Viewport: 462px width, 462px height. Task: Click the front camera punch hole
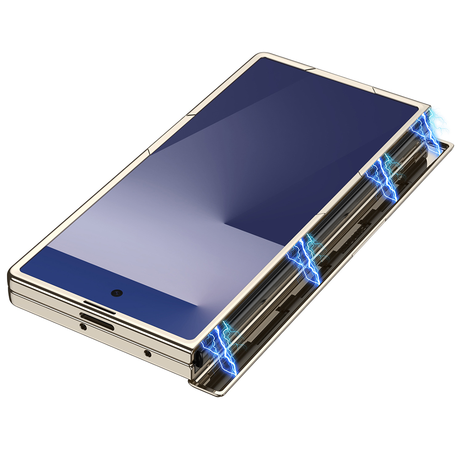117,292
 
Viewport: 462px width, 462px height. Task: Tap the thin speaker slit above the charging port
99,306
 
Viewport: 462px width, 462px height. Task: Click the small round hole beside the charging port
83,327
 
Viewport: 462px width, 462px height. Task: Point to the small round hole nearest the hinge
147,353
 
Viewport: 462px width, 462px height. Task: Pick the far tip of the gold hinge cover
451,146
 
